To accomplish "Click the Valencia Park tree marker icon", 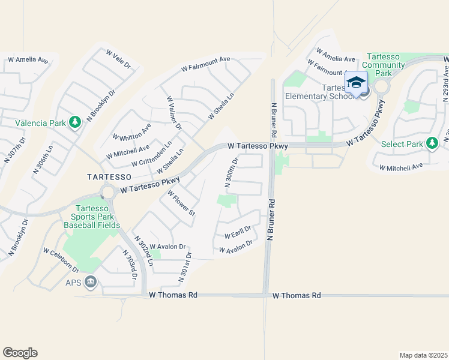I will (x=75, y=123).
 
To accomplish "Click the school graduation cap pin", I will (x=356, y=83).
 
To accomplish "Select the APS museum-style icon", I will (x=91, y=281).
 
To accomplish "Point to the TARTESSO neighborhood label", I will (x=108, y=177).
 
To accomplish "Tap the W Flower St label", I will (x=182, y=203).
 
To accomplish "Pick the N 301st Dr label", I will (x=184, y=267).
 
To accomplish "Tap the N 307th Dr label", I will (x=16, y=150).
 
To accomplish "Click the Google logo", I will (x=20, y=353).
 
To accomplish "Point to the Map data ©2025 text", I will (x=423, y=355).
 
